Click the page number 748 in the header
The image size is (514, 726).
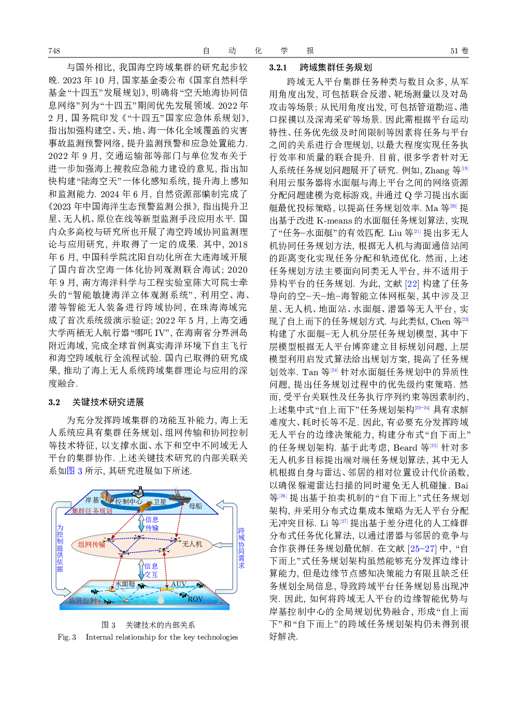pos(54,51)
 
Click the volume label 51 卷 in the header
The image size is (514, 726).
pos(459,51)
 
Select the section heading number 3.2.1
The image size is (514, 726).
pos(278,67)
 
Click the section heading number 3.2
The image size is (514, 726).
pos(54,402)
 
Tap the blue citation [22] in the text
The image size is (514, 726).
pos(412,284)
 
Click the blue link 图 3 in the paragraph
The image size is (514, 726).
pos(75,470)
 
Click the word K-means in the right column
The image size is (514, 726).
pos(334,221)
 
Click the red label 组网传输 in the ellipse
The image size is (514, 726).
pos(92,544)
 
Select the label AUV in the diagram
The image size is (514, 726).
pos(179,584)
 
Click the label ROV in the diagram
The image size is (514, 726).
pos(195,599)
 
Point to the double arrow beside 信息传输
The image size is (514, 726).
pos(141,523)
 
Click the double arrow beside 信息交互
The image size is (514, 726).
pos(141,569)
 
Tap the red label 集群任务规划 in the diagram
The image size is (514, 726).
pos(92,511)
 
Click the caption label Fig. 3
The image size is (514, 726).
pos(67,637)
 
